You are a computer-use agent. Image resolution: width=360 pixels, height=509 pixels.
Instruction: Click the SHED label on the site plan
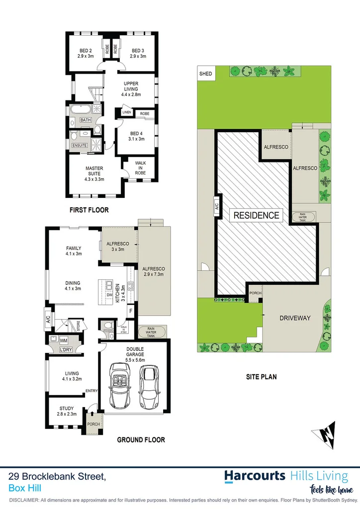tap(205, 74)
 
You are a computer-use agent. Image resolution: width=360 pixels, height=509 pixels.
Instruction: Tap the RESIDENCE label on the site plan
tap(257, 215)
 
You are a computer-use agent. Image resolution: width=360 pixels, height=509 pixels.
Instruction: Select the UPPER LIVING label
tap(131, 88)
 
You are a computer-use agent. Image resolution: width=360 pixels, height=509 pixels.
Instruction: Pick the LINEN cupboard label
tap(126, 113)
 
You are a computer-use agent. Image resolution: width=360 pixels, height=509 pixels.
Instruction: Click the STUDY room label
tap(66, 411)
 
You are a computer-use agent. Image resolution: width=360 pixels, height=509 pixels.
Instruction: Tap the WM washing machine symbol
tap(64, 340)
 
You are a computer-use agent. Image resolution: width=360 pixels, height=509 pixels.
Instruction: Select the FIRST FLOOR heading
tap(90, 210)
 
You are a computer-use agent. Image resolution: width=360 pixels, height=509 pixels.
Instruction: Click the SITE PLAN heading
tap(261, 377)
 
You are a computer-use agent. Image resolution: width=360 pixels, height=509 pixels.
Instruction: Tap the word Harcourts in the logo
tap(255, 475)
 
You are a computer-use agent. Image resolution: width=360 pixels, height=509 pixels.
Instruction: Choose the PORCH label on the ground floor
tap(93, 424)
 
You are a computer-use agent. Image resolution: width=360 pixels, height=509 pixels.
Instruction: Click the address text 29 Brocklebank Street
tap(57, 477)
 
